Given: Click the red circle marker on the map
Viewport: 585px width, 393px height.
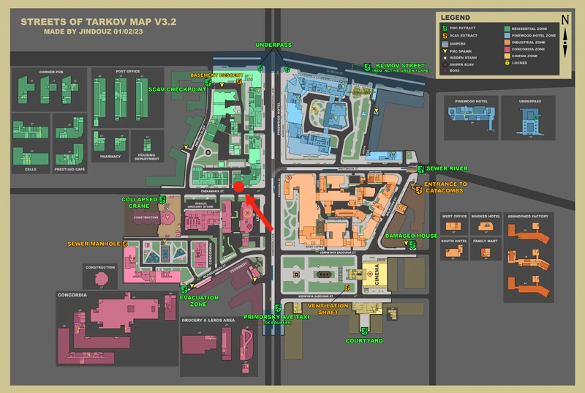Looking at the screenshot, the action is pos(238,187).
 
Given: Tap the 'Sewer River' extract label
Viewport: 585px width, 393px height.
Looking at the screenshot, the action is pos(442,169).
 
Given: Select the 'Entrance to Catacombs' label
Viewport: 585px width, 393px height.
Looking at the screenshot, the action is pos(445,188).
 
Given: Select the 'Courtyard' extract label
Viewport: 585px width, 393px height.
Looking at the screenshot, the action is pos(364,340).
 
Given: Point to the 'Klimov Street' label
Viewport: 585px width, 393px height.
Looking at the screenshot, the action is pos(400,65).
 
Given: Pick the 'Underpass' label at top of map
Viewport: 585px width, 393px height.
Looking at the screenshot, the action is pos(273,45).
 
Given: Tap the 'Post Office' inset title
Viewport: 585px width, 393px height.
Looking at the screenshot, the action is pos(127,71).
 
